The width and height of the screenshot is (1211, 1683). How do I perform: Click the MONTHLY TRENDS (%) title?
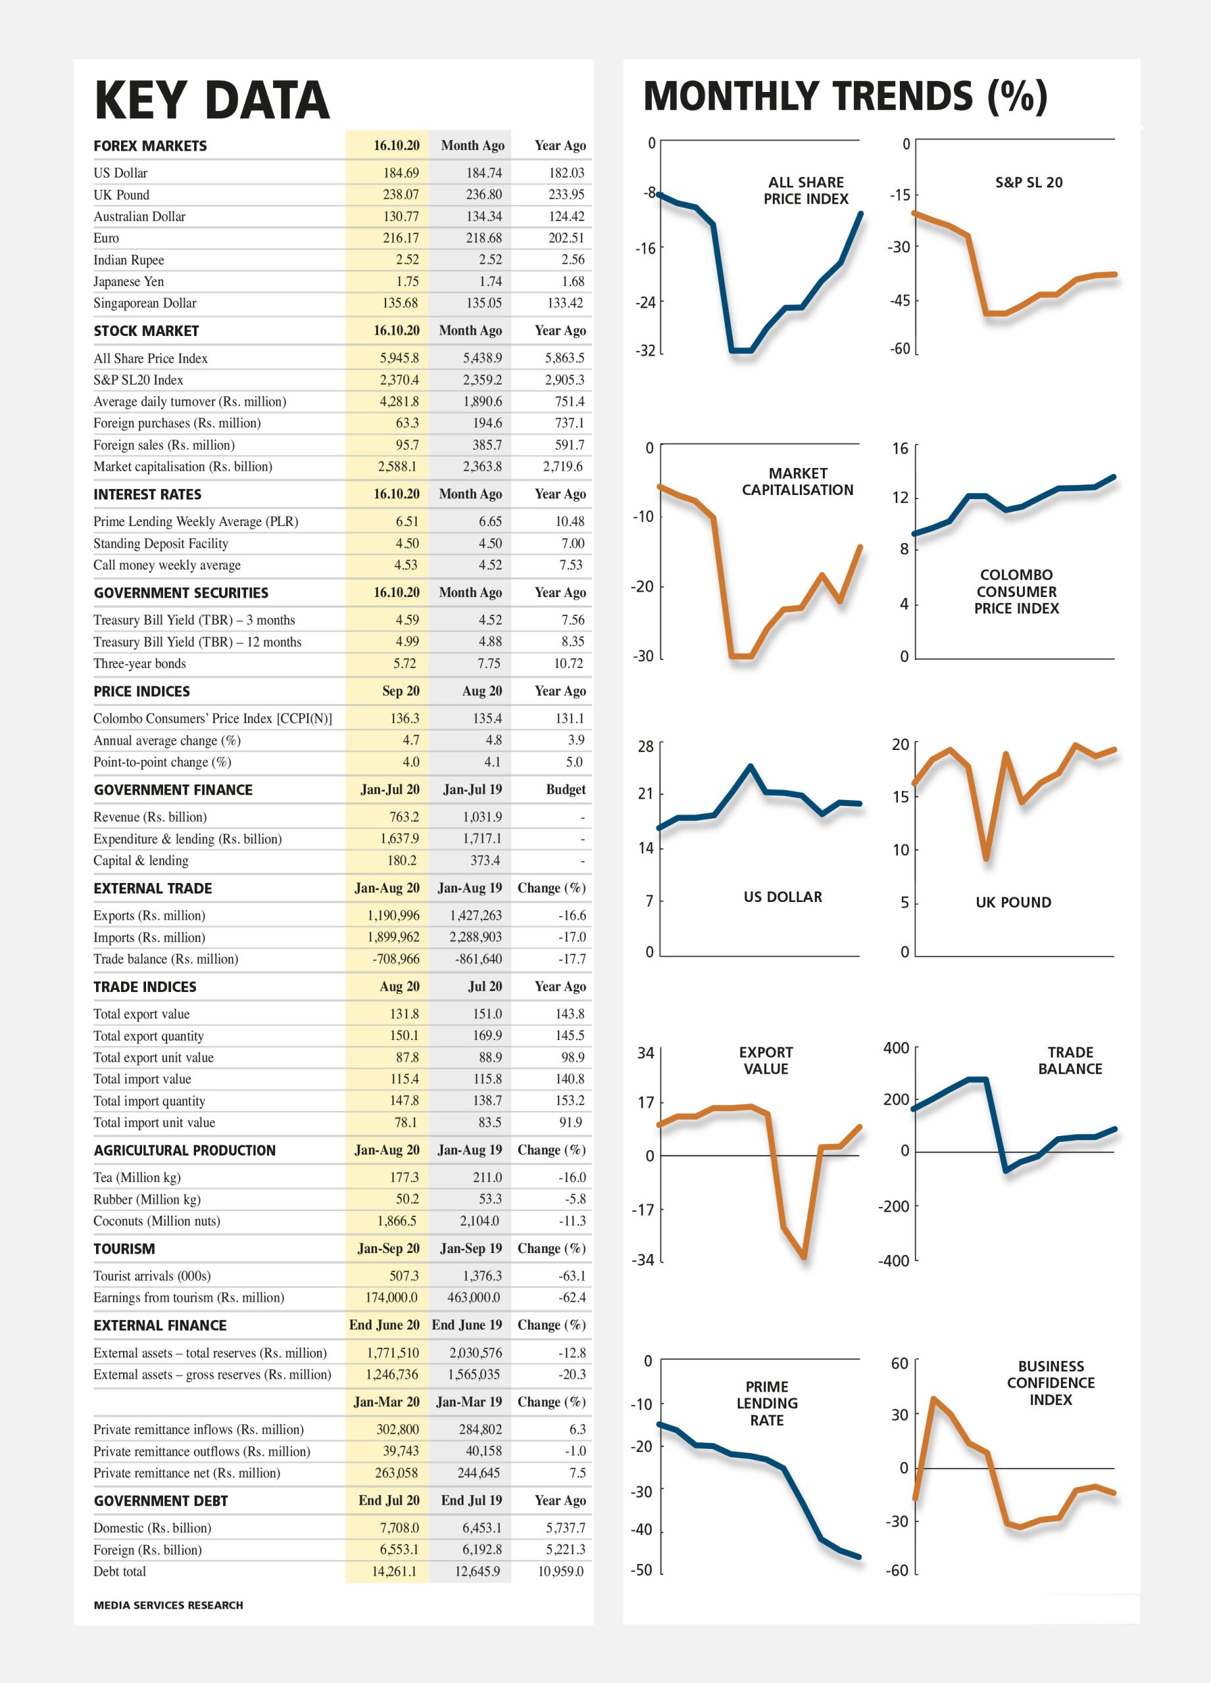coord(845,97)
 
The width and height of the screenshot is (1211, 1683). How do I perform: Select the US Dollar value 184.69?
coord(401,173)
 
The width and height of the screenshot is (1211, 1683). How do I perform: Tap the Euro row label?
coord(106,238)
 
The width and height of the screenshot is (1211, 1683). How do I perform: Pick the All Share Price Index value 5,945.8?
coord(399,358)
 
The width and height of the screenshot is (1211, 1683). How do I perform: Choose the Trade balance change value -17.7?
coord(572,959)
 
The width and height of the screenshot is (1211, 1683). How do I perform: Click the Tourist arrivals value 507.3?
coord(404,1275)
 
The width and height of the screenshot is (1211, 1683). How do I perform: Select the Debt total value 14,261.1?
coord(394,1571)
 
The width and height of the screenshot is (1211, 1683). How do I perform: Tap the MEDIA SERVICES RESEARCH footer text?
coord(168,1605)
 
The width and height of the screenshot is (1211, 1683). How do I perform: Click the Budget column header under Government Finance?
coord(566,790)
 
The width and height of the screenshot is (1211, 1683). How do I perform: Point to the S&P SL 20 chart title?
coord(1029,183)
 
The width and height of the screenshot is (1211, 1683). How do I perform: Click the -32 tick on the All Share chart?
coord(645,350)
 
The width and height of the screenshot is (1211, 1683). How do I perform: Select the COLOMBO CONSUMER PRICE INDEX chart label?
coord(1016,592)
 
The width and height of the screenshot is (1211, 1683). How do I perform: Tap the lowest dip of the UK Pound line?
coord(986,859)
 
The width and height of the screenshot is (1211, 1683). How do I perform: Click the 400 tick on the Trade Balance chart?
coord(896,1048)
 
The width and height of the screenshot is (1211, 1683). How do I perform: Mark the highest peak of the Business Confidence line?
coord(933,1399)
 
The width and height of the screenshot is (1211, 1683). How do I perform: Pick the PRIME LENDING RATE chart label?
coord(767,1403)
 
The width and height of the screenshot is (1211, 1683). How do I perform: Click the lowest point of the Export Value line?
coord(804,1257)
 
